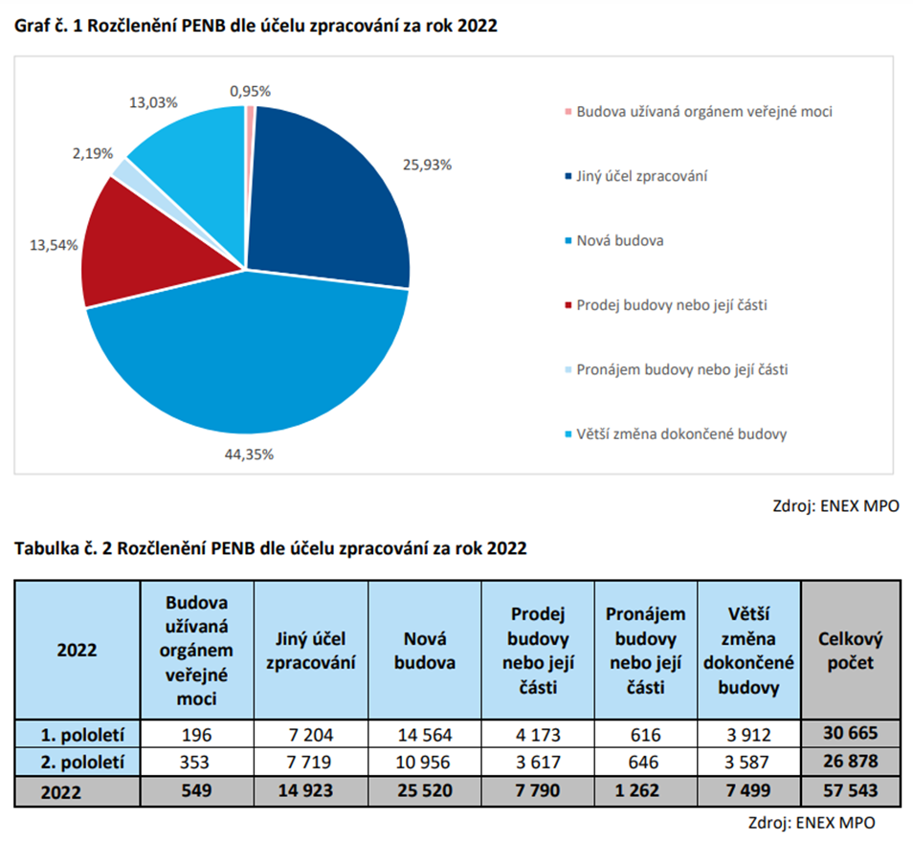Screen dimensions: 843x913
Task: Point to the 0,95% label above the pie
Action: point(250,91)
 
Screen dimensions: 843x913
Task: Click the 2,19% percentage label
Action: point(93,153)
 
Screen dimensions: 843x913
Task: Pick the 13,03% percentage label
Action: point(147,101)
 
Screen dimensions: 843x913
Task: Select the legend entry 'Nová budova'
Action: point(619,240)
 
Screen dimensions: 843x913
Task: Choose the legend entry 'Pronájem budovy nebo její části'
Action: point(681,369)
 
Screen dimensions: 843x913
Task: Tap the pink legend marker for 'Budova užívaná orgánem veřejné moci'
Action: point(568,112)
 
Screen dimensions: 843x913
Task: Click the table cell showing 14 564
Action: point(425,735)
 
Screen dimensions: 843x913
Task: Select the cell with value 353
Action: point(196,764)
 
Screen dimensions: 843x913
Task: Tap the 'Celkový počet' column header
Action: point(850,650)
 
